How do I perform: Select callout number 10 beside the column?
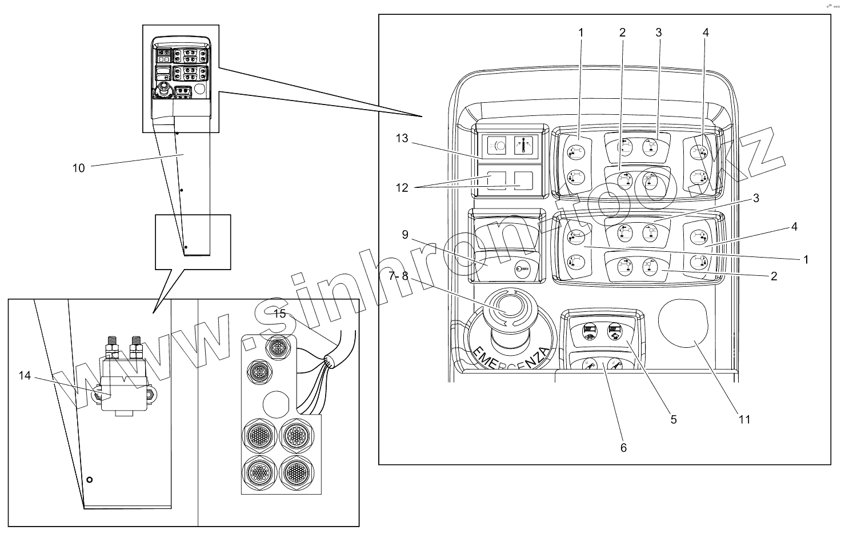78,168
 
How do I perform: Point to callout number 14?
24,375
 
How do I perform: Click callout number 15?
279,313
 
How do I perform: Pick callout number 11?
744,419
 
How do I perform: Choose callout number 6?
623,448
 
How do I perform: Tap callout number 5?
674,419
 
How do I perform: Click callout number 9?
405,234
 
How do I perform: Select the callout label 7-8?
398,276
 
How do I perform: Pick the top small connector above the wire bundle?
279,346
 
